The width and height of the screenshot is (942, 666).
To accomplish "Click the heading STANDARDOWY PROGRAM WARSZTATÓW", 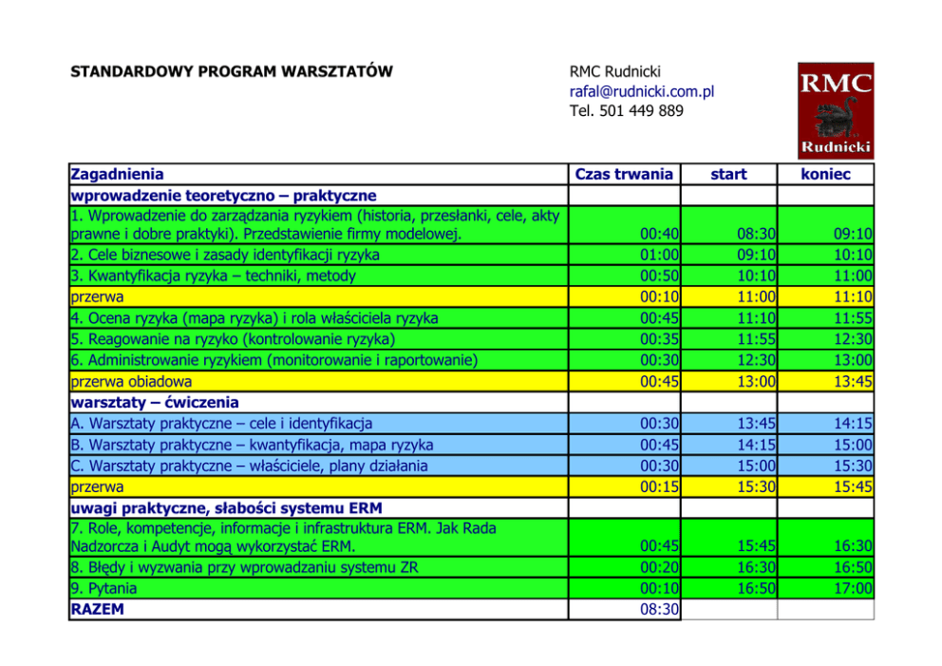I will tap(232, 71).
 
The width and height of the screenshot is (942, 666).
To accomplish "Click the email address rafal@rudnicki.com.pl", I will tap(641, 91).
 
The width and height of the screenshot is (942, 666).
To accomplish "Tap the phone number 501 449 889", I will tap(641, 111).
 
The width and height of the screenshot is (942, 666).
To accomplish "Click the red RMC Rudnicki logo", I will tap(835, 110).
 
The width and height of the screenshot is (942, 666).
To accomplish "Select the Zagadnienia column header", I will tap(117, 174).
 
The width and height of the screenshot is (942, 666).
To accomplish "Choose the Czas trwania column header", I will tap(624, 174).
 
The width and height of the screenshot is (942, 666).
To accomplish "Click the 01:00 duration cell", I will tap(658, 255).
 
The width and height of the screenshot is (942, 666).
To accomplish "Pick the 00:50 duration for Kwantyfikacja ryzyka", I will tap(658, 276).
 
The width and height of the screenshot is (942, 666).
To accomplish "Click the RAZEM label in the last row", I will tap(98, 609).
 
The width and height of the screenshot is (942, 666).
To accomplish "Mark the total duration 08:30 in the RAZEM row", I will tap(658, 609).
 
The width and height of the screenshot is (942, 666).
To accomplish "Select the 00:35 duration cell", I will tap(658, 338).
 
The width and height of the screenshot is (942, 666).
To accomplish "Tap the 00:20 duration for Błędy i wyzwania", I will tap(658, 567).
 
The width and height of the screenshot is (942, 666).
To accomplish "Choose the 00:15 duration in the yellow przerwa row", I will tap(658, 486).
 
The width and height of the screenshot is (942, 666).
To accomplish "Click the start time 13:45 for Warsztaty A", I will tap(756, 423).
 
